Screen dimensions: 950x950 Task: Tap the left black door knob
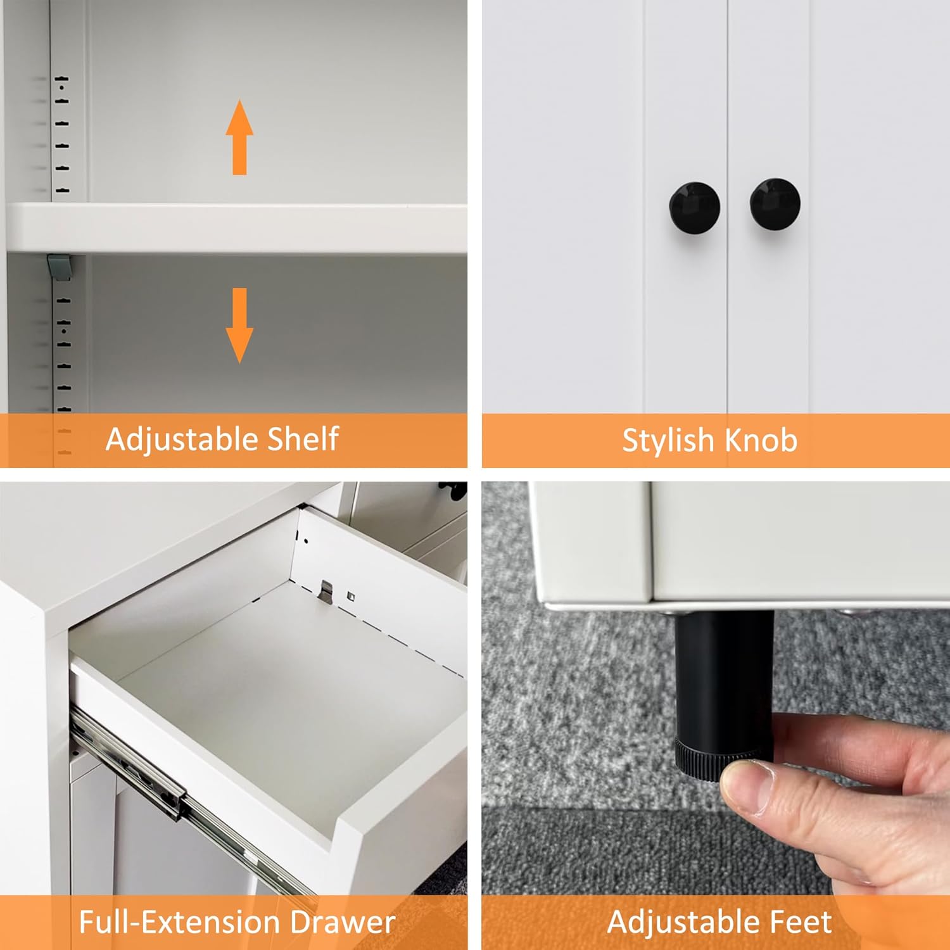pyautogui.click(x=694, y=206)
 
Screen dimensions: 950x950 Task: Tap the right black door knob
pyautogui.click(x=775, y=203)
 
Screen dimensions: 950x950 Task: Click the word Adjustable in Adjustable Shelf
pyautogui.click(x=180, y=439)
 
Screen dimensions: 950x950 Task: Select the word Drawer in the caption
pyautogui.click(x=343, y=922)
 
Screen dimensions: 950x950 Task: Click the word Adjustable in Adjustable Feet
pyautogui.click(x=683, y=922)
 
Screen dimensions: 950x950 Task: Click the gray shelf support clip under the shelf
pyautogui.click(x=59, y=267)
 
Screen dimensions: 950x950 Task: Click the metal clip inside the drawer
pyautogui.click(x=326, y=592)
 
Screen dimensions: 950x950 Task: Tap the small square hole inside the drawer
pyautogui.click(x=351, y=595)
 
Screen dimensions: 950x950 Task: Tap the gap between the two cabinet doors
pyautogui.click(x=728, y=253)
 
